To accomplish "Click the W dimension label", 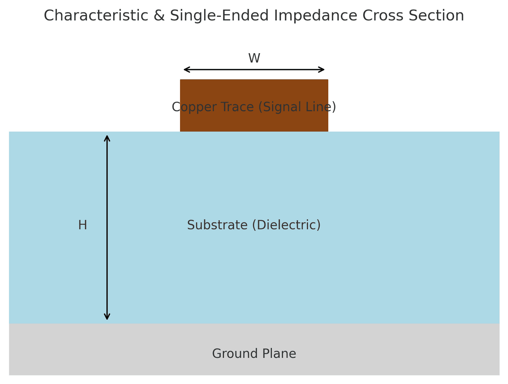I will tap(254, 58).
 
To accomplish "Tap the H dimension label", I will tap(83, 225).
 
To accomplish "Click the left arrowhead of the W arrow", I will tap(185, 70).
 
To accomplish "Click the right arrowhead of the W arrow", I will tap(323, 70).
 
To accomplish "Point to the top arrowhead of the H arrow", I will tap(107, 137).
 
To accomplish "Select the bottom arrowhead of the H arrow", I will tap(107, 318).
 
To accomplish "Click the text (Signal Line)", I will tap(297, 107).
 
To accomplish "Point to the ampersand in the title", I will tap(159, 16).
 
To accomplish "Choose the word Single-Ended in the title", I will tap(219, 16).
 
